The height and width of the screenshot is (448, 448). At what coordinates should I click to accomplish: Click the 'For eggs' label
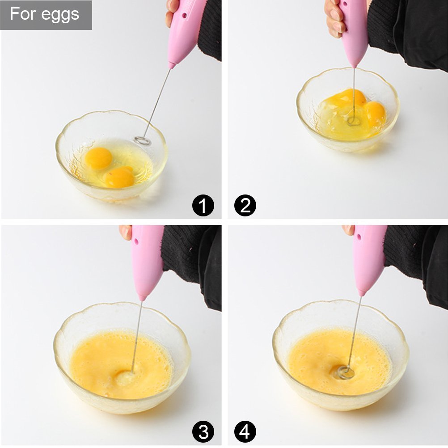pyautogui.click(x=45, y=14)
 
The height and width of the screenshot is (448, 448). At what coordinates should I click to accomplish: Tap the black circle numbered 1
pyautogui.click(x=203, y=206)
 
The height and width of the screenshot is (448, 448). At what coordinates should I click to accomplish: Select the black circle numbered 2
pyautogui.click(x=245, y=206)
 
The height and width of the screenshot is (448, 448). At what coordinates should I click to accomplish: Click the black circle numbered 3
pyautogui.click(x=203, y=432)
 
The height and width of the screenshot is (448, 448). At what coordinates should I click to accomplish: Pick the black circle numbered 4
pyautogui.click(x=245, y=432)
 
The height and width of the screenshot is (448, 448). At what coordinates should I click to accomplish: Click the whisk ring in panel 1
pyautogui.click(x=142, y=141)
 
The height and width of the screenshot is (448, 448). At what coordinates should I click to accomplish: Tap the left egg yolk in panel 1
pyautogui.click(x=98, y=158)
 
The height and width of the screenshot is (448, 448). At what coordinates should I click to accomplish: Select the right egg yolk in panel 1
pyautogui.click(x=119, y=177)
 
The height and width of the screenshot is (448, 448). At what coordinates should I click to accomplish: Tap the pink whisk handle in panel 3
pyautogui.click(x=147, y=262)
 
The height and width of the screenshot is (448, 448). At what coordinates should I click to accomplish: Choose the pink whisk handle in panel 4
pyautogui.click(x=369, y=259)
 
